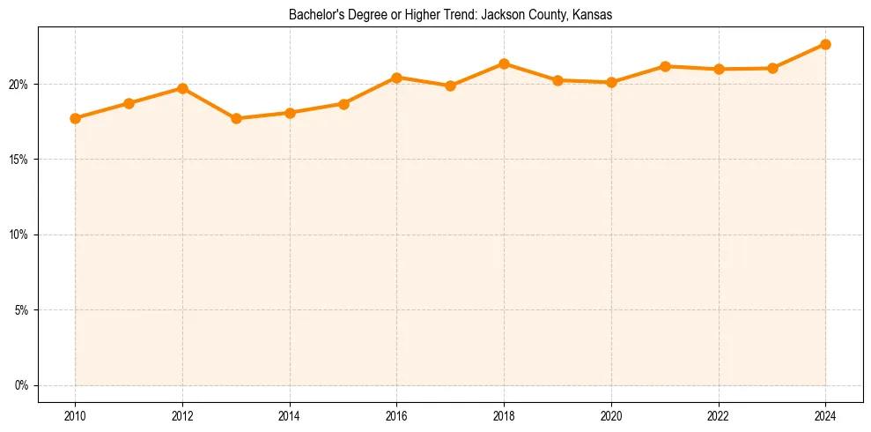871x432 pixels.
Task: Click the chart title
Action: pos(450,15)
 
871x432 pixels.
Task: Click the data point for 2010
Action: pos(76,118)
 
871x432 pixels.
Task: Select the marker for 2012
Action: pos(182,88)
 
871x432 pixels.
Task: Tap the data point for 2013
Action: pos(236,118)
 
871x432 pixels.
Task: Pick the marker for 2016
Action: pos(396,78)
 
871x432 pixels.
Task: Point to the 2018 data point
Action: pos(504,63)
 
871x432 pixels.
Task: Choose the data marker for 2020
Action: pos(611,82)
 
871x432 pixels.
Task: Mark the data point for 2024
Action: pos(825,44)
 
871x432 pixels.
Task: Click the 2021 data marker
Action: pos(665,66)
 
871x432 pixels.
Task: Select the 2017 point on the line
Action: pos(450,86)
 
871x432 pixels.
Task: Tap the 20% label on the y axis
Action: pos(19,85)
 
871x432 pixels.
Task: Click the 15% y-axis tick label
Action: pos(19,160)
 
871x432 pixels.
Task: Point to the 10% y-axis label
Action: pos(19,235)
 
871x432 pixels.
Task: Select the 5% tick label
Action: pos(22,310)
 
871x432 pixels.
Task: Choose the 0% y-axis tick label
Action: pos(22,385)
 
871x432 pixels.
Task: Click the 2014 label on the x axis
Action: pos(290,415)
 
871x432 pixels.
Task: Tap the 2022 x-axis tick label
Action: pos(718,415)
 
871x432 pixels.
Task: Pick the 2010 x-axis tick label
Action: pos(76,415)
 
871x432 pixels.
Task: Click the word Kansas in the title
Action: pos(594,15)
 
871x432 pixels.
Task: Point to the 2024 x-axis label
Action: pos(825,415)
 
